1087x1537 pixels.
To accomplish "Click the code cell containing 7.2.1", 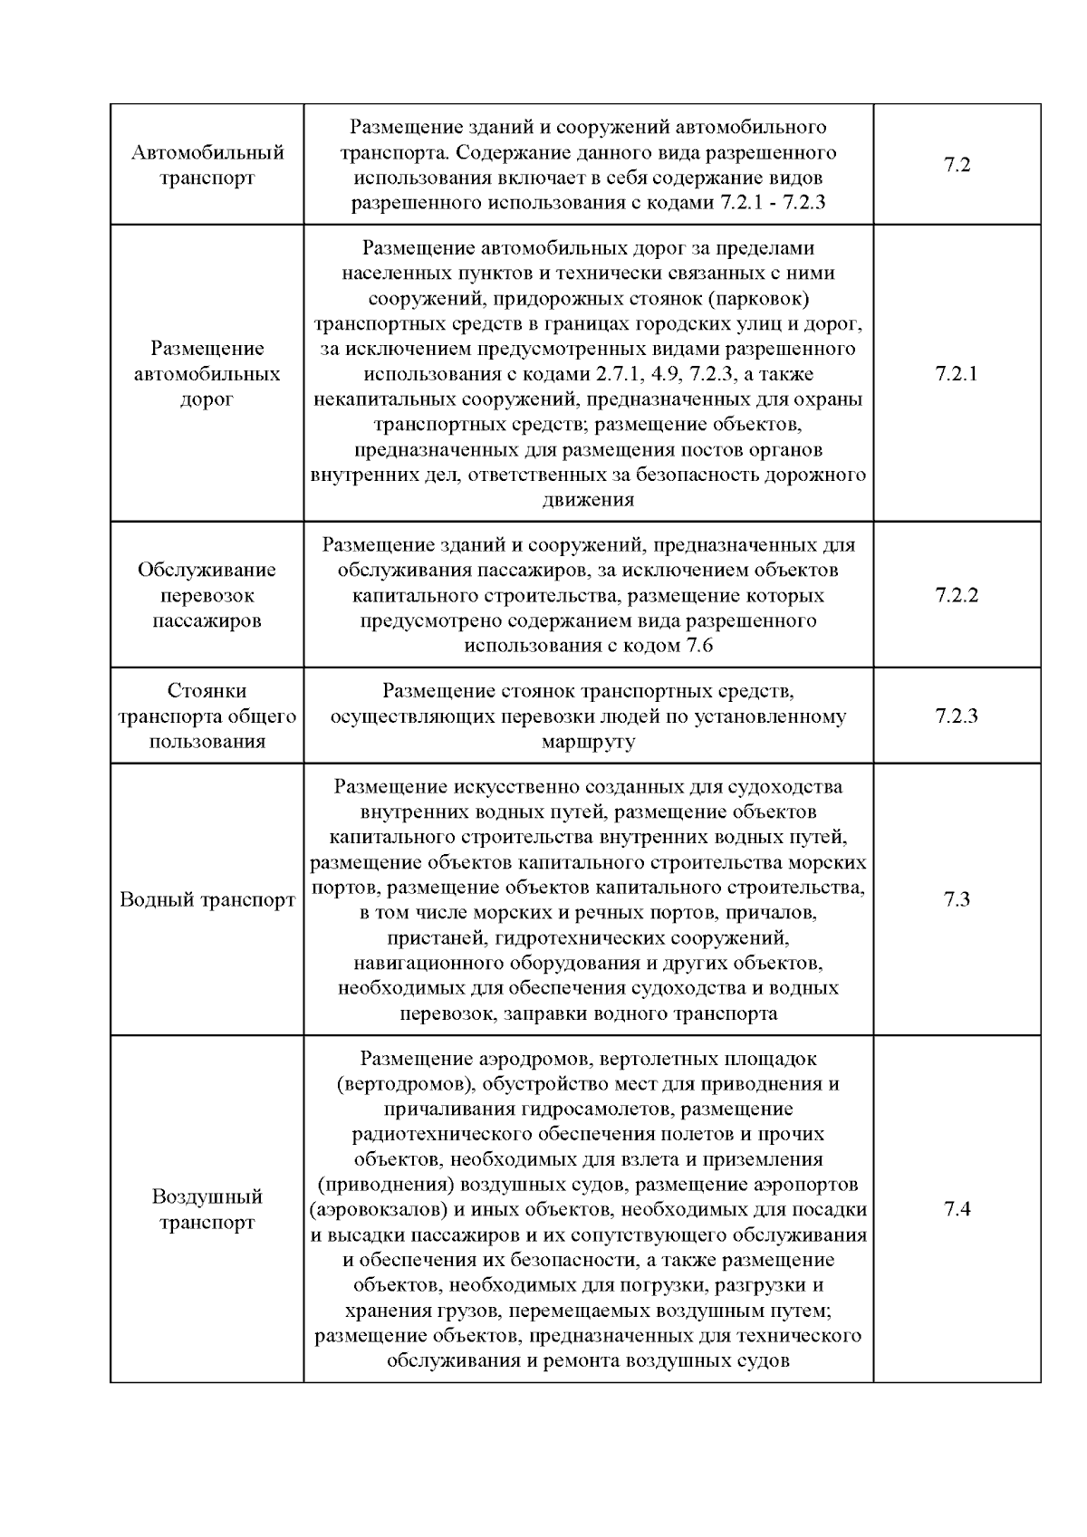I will pos(957,374).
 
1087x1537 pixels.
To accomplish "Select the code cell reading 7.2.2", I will pos(957,595).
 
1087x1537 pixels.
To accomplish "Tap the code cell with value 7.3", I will pos(957,899).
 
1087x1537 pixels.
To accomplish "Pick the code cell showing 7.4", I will pos(957,1209).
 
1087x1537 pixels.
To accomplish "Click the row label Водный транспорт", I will pos(207,900).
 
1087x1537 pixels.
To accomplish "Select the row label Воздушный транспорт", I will pos(207,1210).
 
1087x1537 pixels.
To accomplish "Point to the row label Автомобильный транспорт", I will pos(207,165).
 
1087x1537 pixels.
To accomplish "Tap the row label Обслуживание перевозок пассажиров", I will pos(207,595).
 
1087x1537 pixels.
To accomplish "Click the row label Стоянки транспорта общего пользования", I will pos(207,716).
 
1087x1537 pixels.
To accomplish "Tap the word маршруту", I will pos(589,742).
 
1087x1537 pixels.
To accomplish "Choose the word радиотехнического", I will pos(438,1134).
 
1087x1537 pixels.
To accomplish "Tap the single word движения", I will pos(589,500).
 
